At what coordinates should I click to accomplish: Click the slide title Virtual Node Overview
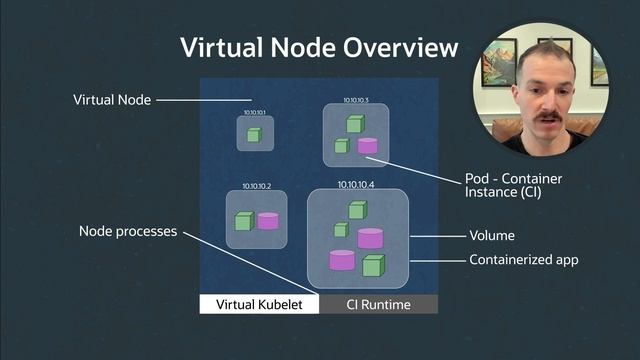[318, 47]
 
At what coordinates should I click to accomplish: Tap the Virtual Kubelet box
[258, 304]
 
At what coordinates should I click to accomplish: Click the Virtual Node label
[113, 100]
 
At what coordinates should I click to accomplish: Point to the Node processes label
[128, 232]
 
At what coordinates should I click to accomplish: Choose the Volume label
[492, 236]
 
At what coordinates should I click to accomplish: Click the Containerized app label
[524, 260]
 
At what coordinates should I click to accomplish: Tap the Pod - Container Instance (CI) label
[513, 185]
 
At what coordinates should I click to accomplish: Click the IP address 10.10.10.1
[254, 112]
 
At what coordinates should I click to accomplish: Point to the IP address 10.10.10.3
[356, 101]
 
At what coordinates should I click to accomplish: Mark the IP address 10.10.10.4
[356, 184]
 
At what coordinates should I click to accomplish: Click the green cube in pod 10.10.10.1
[254, 134]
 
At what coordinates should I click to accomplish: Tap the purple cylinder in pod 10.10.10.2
[268, 221]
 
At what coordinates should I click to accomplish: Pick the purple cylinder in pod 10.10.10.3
[367, 146]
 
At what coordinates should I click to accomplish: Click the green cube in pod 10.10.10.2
[243, 222]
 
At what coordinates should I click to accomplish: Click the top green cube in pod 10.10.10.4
[357, 210]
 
